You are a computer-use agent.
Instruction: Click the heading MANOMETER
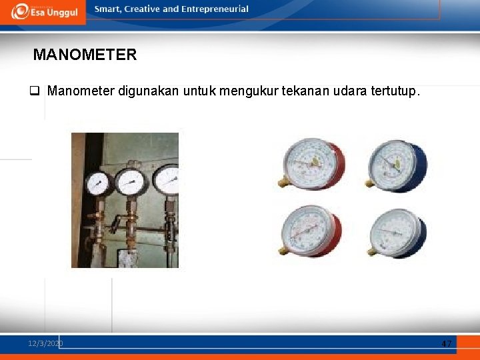85,55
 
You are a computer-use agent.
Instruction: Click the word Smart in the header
108,9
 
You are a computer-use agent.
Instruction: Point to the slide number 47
447,343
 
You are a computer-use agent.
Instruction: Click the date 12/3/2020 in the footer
45,343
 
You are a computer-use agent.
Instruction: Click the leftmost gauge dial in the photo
97,183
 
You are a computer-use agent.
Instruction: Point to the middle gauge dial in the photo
131,182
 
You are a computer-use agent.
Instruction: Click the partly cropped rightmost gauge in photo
167,180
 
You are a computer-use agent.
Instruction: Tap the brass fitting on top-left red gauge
284,181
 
